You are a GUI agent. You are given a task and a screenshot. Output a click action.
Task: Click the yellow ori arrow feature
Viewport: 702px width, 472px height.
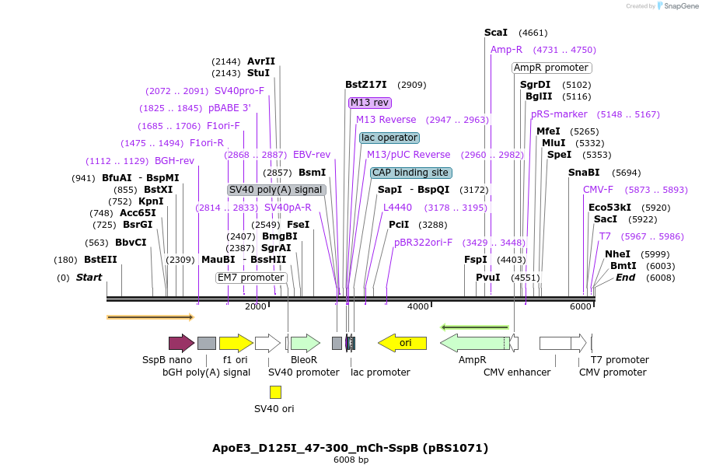pos(402,343)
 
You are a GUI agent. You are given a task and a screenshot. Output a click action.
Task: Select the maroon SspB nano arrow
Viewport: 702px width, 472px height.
pos(181,343)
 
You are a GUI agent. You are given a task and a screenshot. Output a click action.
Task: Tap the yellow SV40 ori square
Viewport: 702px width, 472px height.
pos(275,392)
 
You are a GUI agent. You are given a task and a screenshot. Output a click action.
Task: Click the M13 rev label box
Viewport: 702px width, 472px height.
pos(370,103)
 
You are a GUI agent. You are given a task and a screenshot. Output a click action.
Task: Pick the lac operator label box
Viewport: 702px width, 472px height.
pos(389,138)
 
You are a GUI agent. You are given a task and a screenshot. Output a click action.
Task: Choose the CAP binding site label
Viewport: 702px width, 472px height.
pos(410,173)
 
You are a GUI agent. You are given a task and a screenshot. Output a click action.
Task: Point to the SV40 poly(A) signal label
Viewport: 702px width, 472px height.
pos(276,190)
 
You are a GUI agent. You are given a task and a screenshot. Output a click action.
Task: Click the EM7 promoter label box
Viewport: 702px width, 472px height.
pos(251,278)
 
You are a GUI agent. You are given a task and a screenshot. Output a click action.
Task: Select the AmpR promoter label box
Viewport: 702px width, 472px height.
pos(552,68)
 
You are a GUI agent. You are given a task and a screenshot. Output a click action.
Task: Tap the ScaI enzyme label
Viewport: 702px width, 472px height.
pos(495,33)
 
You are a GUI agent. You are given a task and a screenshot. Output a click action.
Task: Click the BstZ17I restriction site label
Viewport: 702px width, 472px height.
pos(365,85)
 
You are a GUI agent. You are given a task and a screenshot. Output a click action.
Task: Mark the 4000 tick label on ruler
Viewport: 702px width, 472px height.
pos(418,306)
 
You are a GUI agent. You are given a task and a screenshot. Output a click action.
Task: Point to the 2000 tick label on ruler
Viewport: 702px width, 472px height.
pos(256,306)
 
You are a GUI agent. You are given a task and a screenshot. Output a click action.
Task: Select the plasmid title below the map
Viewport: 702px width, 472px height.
pos(350,448)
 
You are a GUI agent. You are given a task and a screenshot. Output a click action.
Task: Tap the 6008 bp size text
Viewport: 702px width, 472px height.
pos(351,460)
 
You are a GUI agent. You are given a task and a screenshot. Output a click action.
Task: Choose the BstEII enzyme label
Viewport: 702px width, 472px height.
pos(100,260)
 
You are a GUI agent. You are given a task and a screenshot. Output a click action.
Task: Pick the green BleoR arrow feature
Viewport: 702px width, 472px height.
pos(305,343)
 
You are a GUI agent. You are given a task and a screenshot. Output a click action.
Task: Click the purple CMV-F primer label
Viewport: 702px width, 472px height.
pos(598,190)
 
